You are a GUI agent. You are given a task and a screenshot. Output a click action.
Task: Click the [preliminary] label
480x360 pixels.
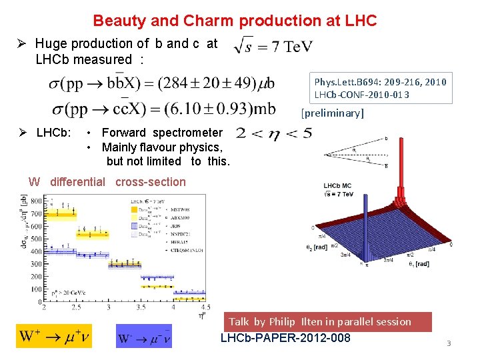[333, 113]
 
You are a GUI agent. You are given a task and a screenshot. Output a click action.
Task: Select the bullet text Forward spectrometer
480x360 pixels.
[162, 133]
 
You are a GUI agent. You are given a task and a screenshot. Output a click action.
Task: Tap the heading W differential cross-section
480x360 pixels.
[107, 182]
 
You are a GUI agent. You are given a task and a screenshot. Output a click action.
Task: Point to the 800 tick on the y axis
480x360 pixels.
[36, 201]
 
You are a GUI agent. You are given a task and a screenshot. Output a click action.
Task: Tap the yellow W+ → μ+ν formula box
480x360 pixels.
[53, 336]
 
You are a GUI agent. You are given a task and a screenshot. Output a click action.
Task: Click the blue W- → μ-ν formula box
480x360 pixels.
[143, 337]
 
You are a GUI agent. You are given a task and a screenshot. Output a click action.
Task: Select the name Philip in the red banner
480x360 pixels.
[285, 322]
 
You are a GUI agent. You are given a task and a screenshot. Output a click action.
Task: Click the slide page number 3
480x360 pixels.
[449, 343]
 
